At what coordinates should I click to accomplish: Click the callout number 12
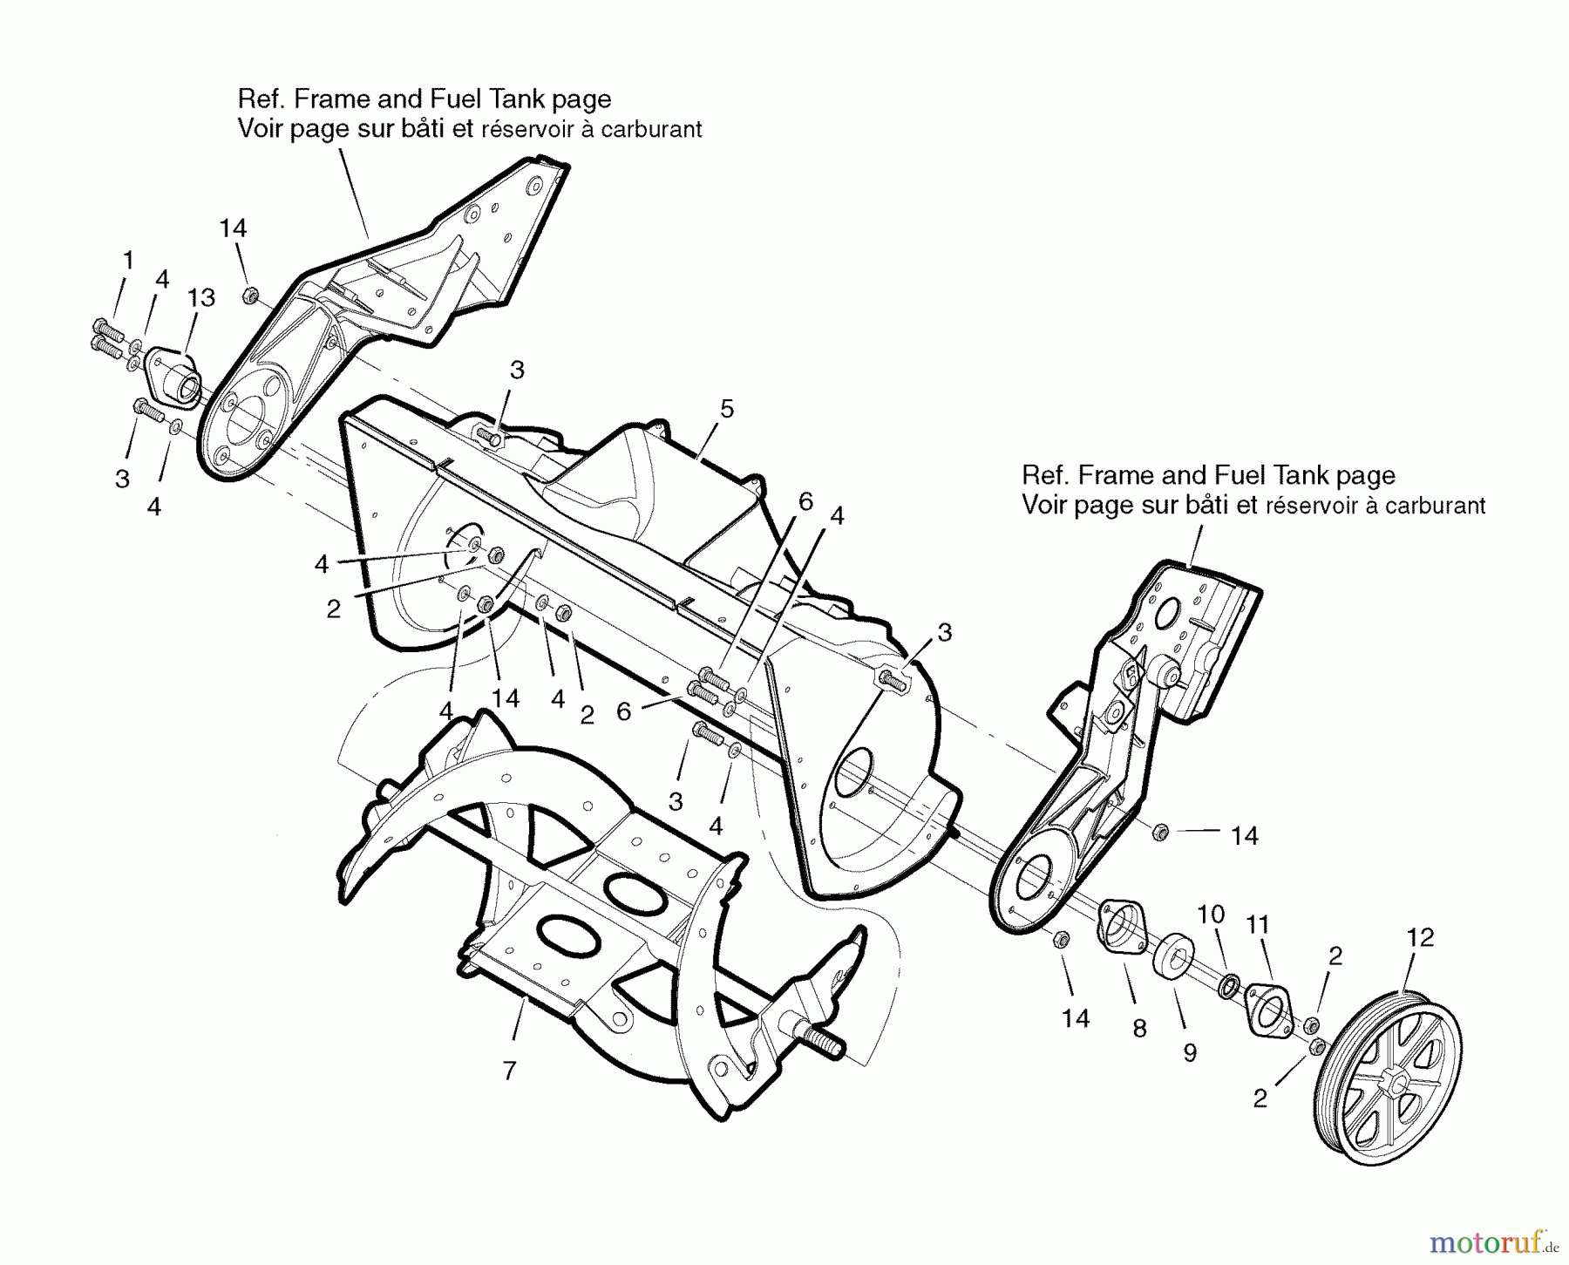(1420, 938)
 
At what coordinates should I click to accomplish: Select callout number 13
(201, 297)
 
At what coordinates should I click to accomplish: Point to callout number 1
(128, 260)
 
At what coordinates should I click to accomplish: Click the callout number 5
(727, 408)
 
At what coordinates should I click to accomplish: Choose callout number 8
(1139, 1029)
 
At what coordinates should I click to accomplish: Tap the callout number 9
(1190, 1053)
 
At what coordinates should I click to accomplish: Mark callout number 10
(1211, 915)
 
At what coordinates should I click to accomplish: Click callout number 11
(1257, 924)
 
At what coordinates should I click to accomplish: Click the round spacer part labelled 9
(1174, 958)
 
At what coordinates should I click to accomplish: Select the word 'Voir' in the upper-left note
(259, 129)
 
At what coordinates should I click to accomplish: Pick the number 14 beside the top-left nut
(233, 228)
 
